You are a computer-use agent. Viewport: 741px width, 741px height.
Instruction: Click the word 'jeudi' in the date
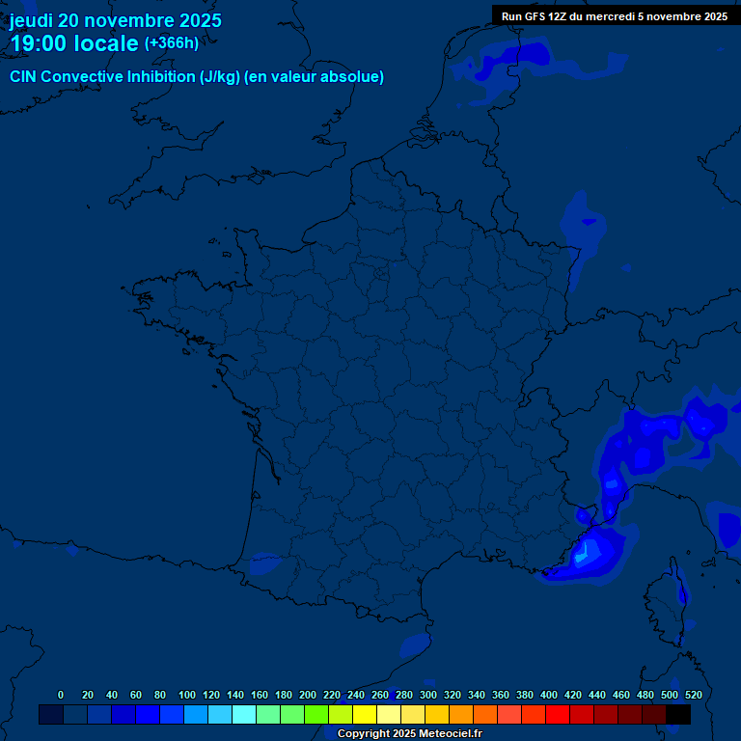click(31, 20)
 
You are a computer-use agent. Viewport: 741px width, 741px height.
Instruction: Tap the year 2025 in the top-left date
click(200, 20)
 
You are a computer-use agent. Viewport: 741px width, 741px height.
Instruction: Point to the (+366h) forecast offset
click(172, 43)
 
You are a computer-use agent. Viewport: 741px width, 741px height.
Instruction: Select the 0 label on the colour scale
click(61, 695)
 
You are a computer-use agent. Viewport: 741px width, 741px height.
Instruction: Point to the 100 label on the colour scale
click(187, 695)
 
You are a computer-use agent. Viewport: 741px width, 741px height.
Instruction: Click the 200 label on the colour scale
click(308, 695)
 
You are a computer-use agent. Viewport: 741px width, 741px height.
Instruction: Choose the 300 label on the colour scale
click(428, 695)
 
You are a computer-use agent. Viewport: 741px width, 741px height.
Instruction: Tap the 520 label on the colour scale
click(693, 695)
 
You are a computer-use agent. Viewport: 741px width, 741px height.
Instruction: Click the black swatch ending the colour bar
click(678, 714)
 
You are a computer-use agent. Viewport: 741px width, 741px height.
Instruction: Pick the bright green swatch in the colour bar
click(316, 714)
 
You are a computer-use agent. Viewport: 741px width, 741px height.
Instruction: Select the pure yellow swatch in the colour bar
click(365, 714)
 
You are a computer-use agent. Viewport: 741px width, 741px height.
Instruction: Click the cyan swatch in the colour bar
click(244, 714)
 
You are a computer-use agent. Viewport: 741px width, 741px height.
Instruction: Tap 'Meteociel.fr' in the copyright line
click(448, 734)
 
